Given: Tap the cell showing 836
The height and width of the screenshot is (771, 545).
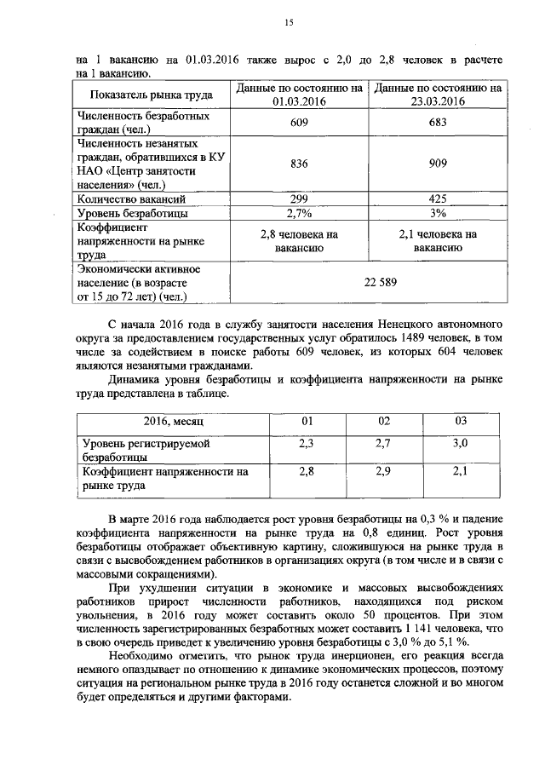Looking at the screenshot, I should point(298,165).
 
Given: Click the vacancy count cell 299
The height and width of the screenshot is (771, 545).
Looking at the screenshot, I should point(298,199).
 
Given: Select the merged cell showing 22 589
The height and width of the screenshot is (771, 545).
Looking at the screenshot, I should point(370,282).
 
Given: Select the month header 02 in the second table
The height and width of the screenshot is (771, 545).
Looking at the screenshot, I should point(383,422).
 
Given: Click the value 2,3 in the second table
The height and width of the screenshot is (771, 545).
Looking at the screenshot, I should point(307,444).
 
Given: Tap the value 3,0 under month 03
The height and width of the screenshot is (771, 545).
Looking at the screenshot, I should point(460,444).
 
